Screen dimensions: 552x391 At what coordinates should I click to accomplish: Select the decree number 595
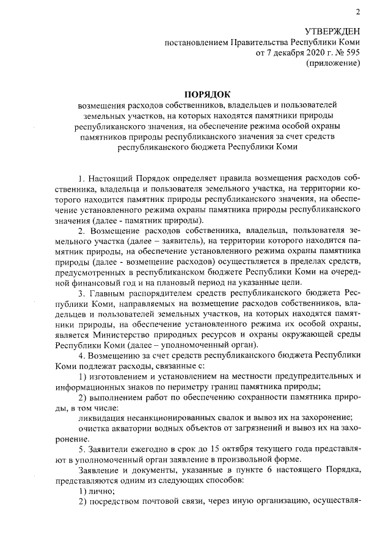tap(351, 53)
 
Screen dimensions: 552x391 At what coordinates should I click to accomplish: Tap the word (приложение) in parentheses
tap(334, 64)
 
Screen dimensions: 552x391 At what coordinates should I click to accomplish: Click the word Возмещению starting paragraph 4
tap(117, 355)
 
